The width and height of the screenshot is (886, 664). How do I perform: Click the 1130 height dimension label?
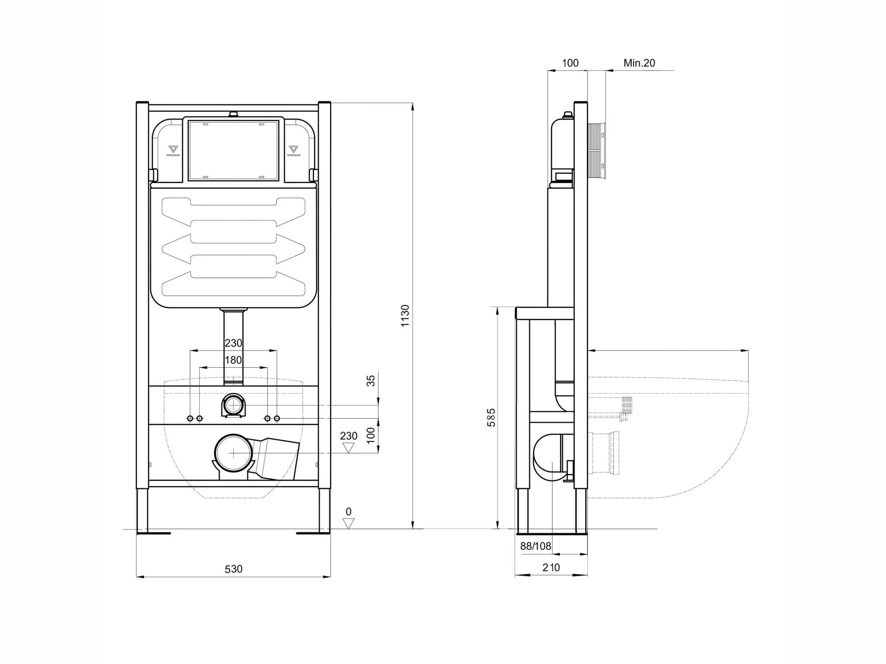[405, 316]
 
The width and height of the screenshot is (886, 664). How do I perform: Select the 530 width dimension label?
[233, 569]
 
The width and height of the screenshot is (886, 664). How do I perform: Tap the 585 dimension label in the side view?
[491, 417]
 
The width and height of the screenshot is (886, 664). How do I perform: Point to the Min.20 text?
[639, 63]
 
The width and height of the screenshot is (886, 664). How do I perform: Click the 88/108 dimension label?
[536, 546]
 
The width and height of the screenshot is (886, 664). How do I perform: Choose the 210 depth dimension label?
[551, 567]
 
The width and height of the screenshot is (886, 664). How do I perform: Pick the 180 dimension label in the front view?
[233, 360]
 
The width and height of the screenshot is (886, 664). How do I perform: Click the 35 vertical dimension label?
[371, 381]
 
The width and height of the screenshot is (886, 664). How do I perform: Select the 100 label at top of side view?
[570, 63]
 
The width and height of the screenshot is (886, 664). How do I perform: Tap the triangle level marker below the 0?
[349, 524]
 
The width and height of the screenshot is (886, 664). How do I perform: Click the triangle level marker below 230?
[349, 448]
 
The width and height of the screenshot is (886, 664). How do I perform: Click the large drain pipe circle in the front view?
[233, 453]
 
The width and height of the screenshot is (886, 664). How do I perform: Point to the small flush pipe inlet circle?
[233, 405]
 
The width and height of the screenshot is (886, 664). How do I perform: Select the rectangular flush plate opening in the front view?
[233, 150]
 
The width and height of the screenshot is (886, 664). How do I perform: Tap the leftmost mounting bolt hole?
[190, 418]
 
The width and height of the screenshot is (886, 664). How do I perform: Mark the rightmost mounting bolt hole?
[277, 418]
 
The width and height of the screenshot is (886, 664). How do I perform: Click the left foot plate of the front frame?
[154, 533]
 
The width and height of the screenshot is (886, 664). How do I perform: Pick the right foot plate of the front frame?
[313, 533]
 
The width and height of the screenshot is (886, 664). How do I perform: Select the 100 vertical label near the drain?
[371, 435]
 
